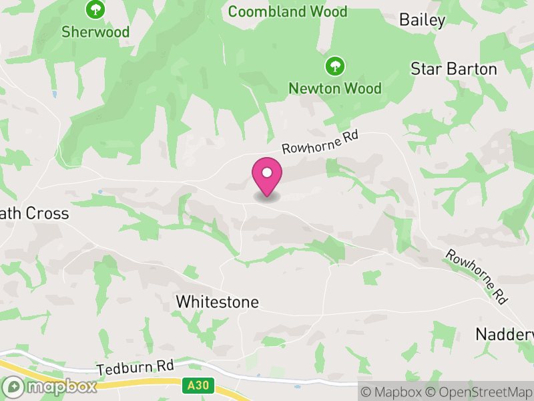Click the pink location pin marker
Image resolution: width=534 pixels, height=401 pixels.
coord(267,178)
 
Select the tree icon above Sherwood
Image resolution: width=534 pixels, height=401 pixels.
coord(96,9)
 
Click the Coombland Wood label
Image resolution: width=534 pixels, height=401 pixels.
coord(288,11)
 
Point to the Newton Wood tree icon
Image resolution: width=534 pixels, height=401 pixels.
coord(334,65)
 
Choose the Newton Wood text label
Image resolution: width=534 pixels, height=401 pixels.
coord(335,88)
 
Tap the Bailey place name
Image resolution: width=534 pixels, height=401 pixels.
coord(422,20)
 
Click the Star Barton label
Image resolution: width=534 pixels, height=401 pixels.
coord(453,69)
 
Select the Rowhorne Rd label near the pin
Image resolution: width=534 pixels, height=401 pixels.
coord(320,142)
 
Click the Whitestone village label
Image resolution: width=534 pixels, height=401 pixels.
coord(217,302)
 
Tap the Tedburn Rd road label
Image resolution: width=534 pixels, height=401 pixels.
coord(135,368)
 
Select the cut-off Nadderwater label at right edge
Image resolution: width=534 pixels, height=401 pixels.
coord(505,333)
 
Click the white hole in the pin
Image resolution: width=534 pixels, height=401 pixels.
coord(267,173)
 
